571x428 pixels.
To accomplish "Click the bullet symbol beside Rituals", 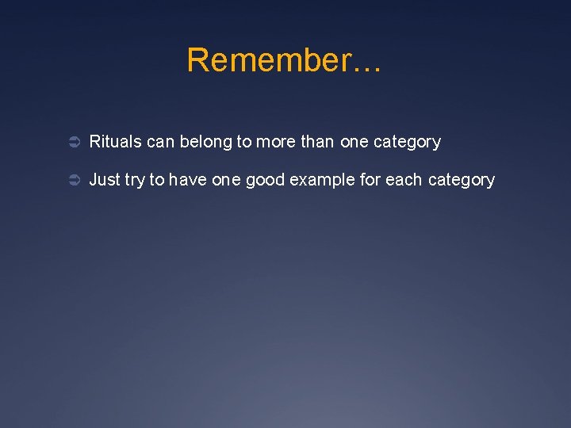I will point(71,143).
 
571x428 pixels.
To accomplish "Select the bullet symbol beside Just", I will point(71,181).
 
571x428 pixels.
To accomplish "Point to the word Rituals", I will point(116,142).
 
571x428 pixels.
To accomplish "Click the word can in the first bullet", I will point(161,142).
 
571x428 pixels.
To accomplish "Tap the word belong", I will point(206,143).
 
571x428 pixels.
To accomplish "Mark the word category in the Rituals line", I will point(408,143).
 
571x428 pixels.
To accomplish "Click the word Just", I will point(105,180).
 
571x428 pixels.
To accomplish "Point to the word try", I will point(135,181).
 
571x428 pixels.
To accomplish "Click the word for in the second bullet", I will point(370,180).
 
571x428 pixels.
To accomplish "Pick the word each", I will point(404,180).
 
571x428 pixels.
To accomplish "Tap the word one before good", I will point(226,180).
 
